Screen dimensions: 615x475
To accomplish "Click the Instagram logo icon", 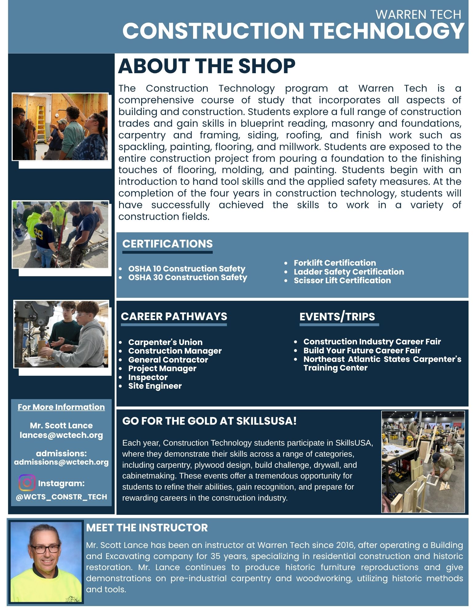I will click(27, 482).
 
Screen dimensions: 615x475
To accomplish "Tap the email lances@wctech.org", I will click(61, 435).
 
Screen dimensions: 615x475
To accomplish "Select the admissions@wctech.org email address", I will click(61, 462).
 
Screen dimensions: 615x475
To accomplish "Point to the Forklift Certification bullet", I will click(334, 263).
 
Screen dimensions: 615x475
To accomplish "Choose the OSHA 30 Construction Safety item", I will click(188, 277).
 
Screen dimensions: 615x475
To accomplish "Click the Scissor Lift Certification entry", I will click(342, 280).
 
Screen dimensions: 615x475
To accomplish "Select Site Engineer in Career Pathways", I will click(155, 386).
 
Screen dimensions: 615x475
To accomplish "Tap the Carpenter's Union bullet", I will click(165, 342).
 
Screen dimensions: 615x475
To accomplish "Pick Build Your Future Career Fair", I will click(362, 351).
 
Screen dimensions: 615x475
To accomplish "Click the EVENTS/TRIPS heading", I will click(337, 316).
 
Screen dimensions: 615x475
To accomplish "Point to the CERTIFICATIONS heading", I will click(167, 244).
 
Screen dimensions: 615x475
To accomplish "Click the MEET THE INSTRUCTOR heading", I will click(147, 528).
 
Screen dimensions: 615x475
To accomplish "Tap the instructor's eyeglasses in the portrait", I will click(45, 549).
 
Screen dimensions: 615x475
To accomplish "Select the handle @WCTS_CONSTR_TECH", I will click(61, 497).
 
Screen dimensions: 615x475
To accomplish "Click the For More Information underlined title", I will click(61, 407).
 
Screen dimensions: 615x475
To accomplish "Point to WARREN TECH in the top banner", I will click(418, 14).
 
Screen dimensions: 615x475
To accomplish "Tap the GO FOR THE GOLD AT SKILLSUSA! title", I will click(209, 421).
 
